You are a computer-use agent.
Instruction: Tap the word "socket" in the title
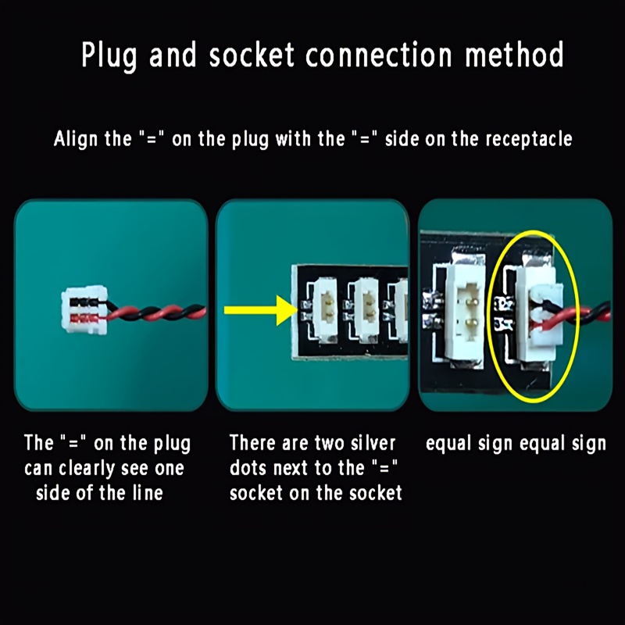(x=252, y=54)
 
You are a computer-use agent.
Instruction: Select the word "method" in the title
(x=514, y=54)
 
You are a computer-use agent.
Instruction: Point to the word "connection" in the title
(x=379, y=54)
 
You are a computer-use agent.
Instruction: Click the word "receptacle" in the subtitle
(x=529, y=140)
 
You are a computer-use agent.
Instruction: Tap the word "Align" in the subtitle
(x=75, y=140)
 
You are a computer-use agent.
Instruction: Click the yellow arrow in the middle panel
(x=261, y=310)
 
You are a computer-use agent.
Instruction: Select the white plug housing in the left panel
(x=84, y=309)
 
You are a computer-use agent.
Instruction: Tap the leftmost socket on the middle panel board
(x=325, y=310)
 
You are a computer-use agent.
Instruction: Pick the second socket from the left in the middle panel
(x=366, y=310)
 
